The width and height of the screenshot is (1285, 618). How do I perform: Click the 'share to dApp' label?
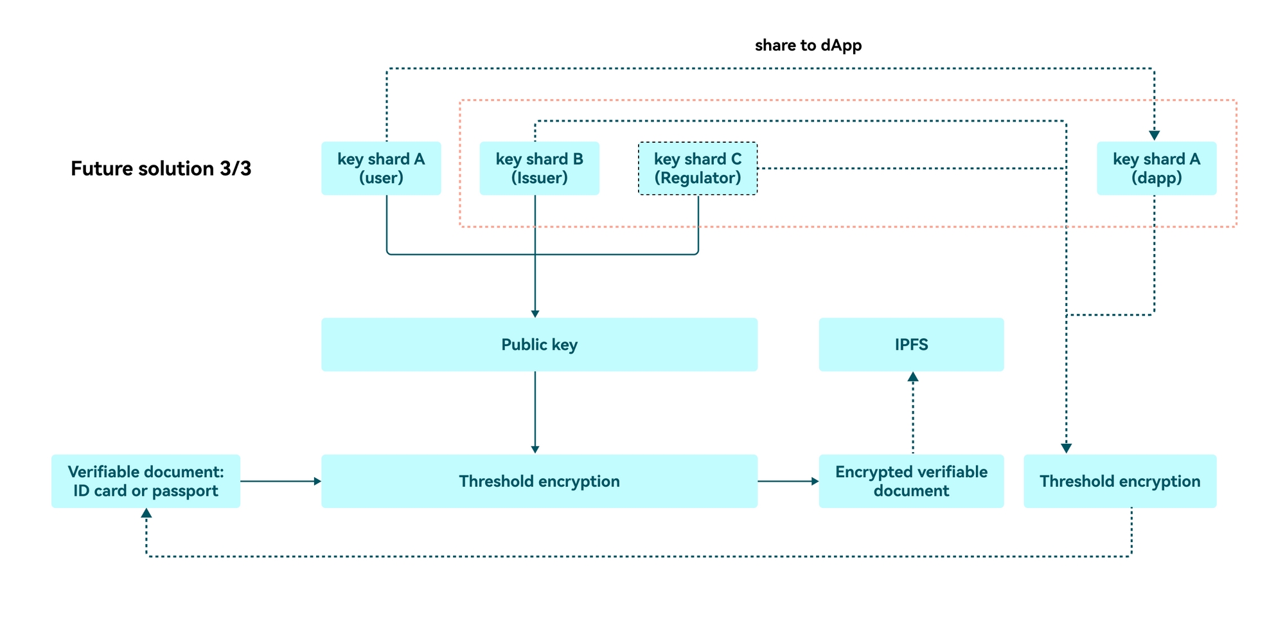pos(808,45)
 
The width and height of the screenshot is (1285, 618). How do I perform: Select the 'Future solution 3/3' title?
pos(161,168)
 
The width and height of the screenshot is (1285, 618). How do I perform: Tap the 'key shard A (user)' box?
pos(381,168)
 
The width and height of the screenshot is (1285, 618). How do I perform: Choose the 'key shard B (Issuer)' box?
pos(539,168)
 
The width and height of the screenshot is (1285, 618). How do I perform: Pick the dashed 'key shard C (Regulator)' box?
pos(698,168)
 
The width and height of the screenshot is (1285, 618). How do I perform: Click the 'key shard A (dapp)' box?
pos(1156,168)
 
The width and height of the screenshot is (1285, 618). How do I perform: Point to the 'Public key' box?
pos(539,345)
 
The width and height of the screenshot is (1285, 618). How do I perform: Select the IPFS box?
pos(911,345)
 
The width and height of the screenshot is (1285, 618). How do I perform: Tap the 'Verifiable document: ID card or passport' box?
pos(146,481)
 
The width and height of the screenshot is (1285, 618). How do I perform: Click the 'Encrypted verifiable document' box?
pos(911,481)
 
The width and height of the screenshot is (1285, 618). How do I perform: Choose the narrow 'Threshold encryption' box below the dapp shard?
pos(1120,481)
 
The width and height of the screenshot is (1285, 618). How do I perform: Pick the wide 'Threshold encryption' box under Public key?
pos(539,481)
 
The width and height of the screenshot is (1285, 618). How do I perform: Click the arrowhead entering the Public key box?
pos(535,313)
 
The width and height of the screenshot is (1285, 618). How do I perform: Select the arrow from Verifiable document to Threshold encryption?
pos(281,481)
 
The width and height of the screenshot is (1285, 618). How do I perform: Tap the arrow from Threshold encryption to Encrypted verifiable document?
pos(788,481)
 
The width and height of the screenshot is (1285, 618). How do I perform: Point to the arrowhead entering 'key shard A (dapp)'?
pos(1154,136)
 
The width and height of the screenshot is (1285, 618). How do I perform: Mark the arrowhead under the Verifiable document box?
pos(146,513)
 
